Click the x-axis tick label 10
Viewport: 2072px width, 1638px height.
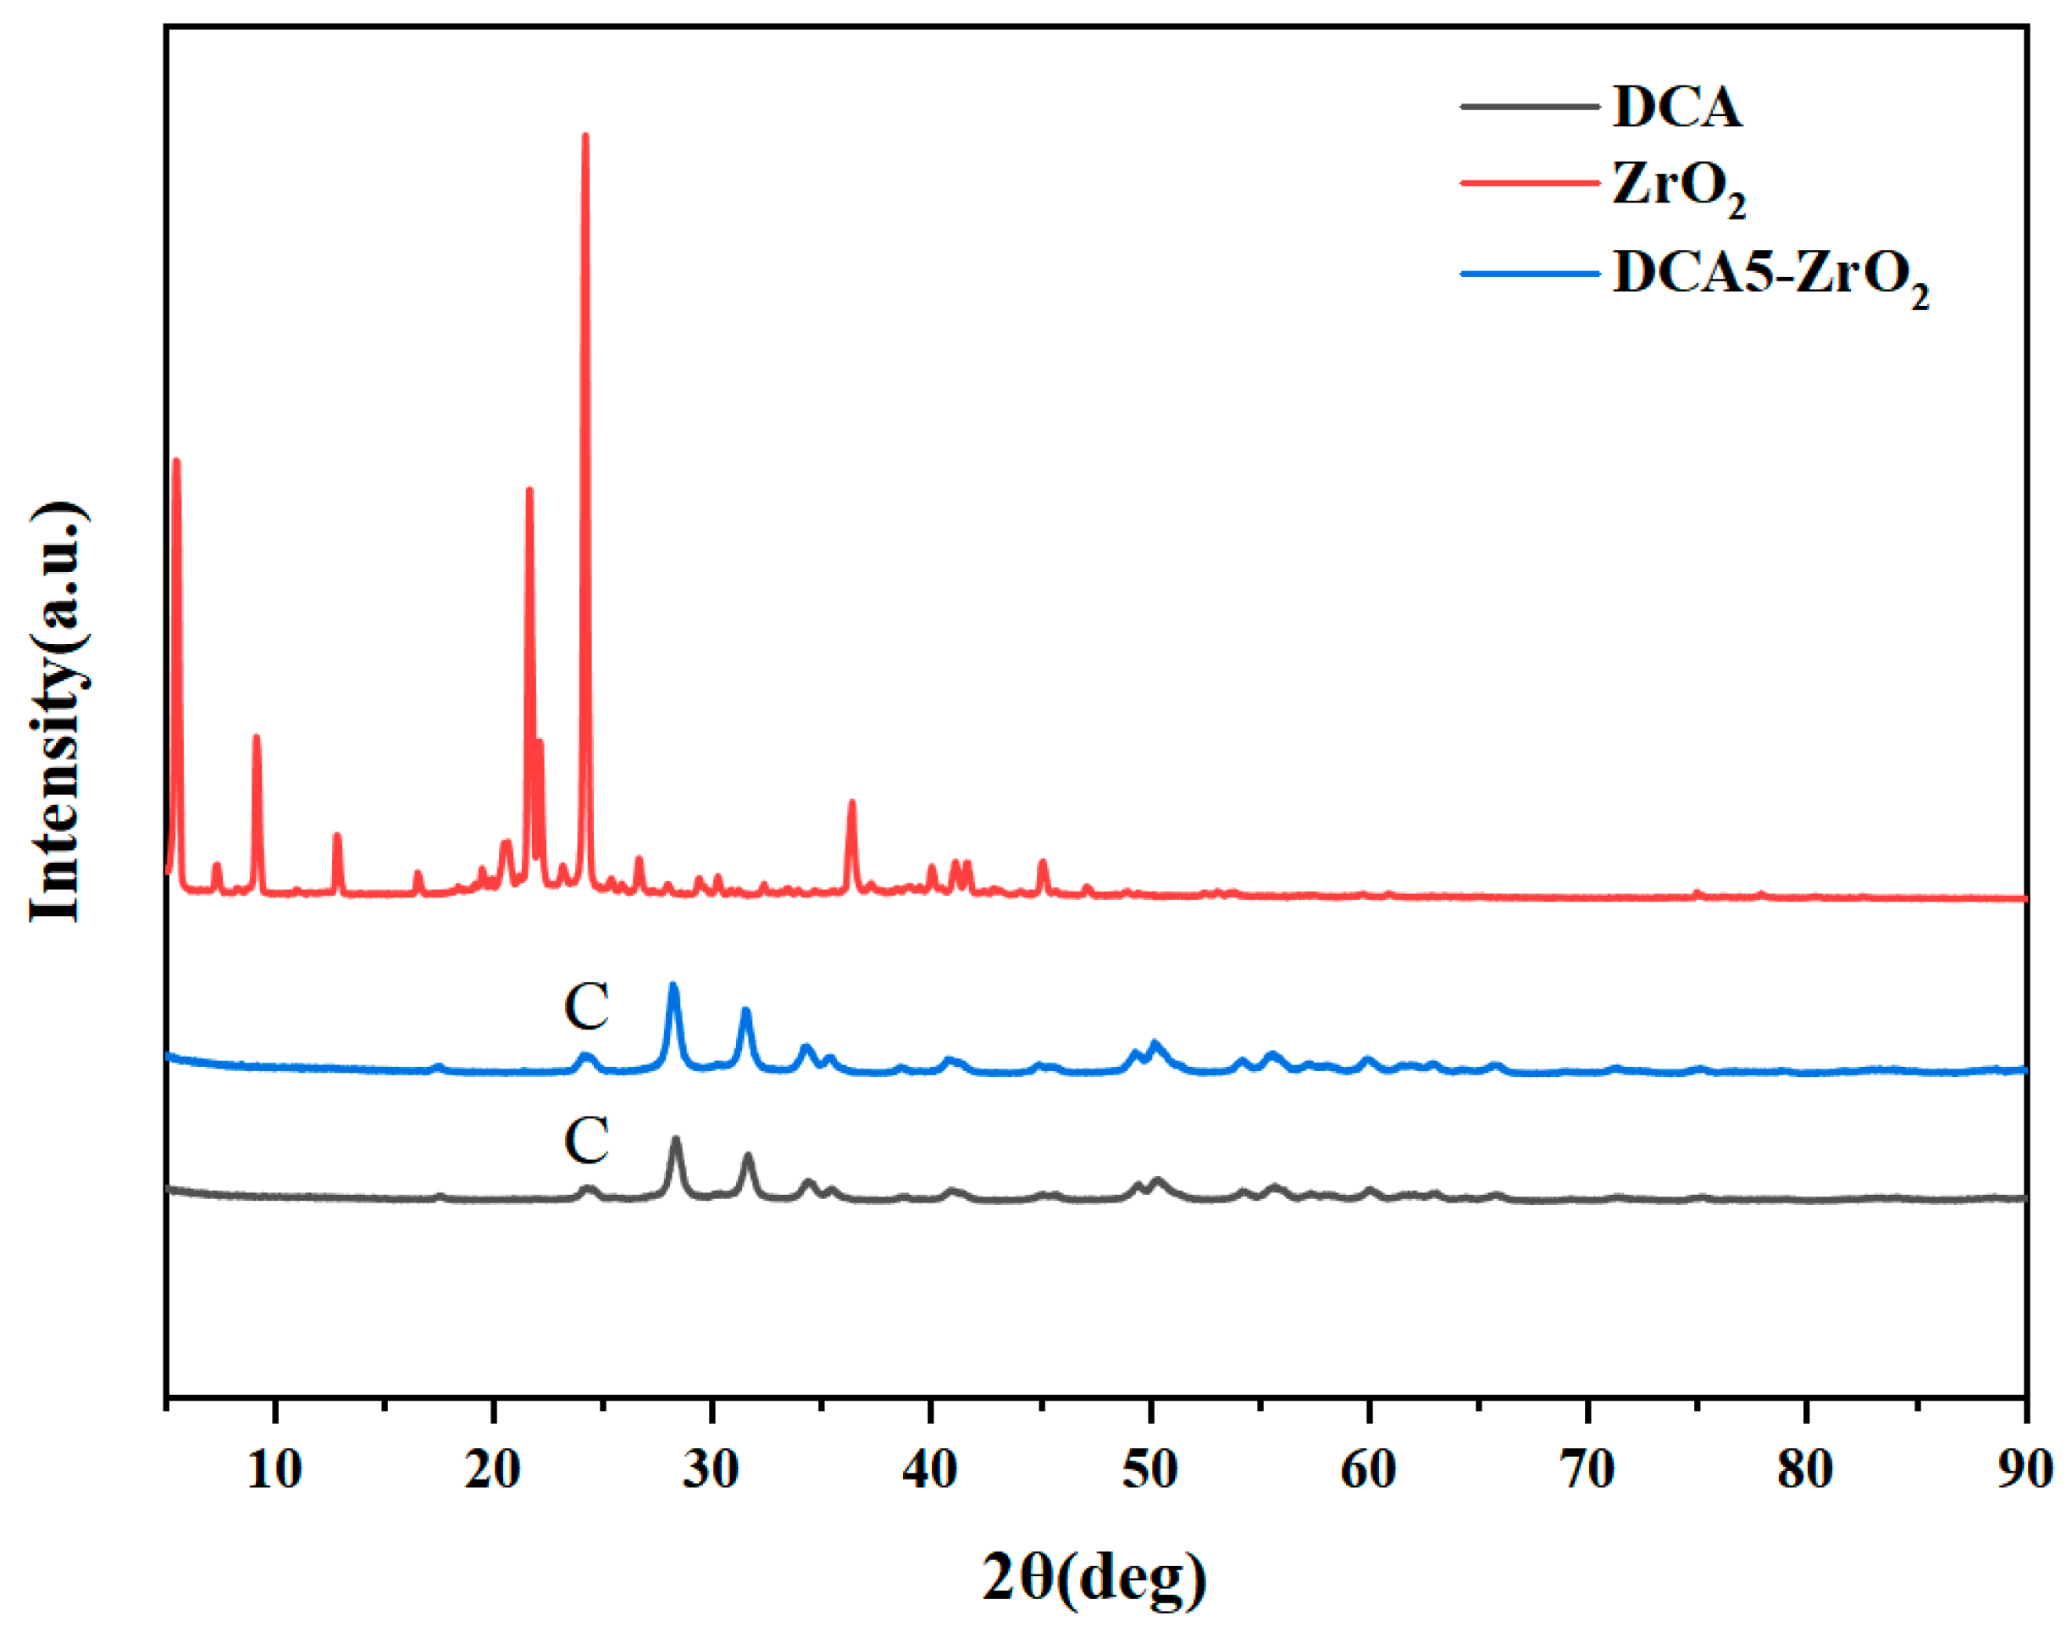click(x=274, y=1470)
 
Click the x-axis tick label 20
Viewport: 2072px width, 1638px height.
click(x=493, y=1470)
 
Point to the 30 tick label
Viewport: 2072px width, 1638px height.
click(x=711, y=1470)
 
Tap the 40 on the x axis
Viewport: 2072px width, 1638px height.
click(x=929, y=1470)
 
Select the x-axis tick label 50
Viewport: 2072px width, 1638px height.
click(x=1149, y=1470)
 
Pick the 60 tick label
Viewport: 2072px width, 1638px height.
click(x=1368, y=1470)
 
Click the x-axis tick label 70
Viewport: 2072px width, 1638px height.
click(x=1587, y=1470)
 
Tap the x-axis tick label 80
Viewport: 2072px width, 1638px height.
click(x=1805, y=1470)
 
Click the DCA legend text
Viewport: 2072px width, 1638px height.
click(x=1677, y=107)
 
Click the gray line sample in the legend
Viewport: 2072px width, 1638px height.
click(x=1529, y=105)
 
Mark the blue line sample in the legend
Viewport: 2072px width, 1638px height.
click(x=1529, y=275)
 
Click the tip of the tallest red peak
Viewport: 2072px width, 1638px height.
click(x=584, y=136)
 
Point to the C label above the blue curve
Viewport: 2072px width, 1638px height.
click(x=586, y=1006)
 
